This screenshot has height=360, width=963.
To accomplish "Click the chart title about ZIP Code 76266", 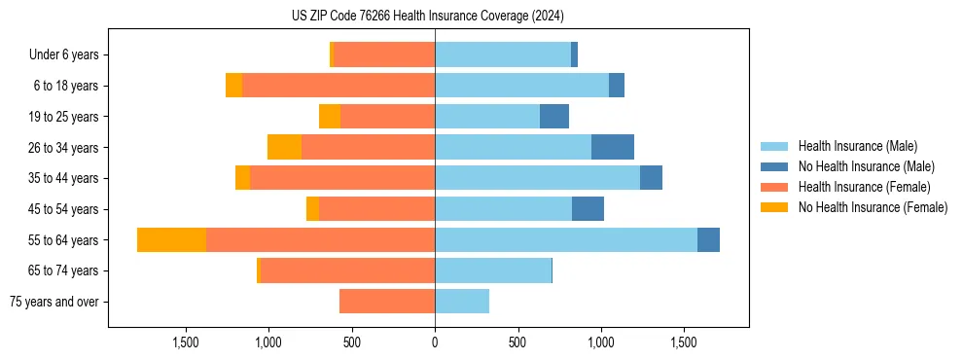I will [x=427, y=17].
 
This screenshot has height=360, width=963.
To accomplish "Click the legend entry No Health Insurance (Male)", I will [x=866, y=166].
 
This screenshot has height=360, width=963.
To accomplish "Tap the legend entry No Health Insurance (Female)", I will [x=873, y=207].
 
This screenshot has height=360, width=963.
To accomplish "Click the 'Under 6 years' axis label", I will [x=69, y=55].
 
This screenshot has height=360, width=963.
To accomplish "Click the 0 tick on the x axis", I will [x=435, y=342].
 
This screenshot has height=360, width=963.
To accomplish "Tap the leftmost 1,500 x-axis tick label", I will [x=186, y=342].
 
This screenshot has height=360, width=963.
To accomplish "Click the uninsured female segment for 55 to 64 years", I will [x=171, y=240].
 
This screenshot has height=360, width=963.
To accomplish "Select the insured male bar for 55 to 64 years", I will [x=566, y=240].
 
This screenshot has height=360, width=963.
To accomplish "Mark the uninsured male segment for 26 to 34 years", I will [x=613, y=148].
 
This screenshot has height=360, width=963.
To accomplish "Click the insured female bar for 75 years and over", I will [x=387, y=302].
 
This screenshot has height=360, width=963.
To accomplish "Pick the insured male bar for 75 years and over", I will [x=462, y=302].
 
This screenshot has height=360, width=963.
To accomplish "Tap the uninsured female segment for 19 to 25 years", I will [x=330, y=117].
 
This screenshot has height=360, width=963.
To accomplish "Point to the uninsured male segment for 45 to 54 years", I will [x=588, y=209].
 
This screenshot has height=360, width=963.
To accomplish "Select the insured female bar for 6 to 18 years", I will [x=339, y=86].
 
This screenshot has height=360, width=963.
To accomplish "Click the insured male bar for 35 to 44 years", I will [x=537, y=178].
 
